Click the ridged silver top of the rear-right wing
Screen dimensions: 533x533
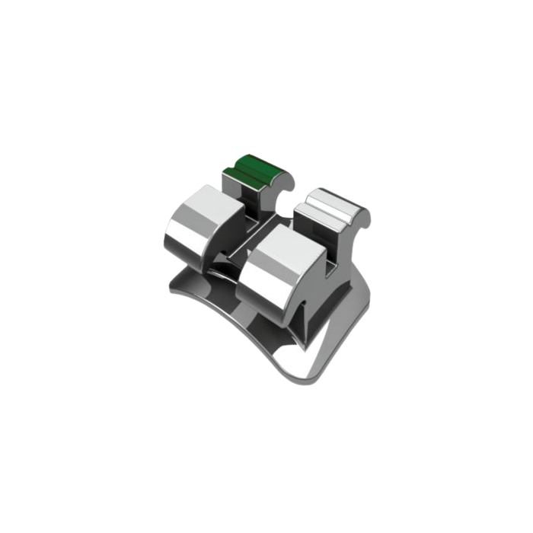point(327,202)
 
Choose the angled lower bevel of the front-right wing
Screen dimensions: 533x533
point(266,293)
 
